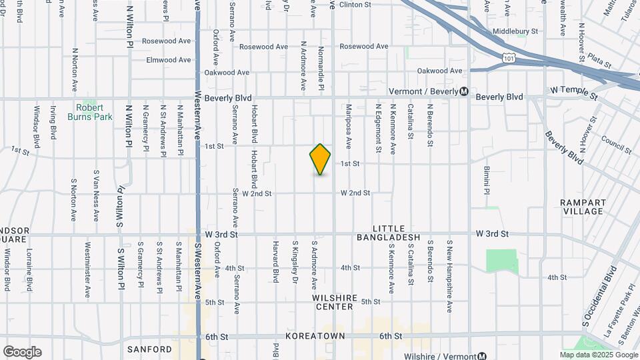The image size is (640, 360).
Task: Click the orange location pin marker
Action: coord(320,159)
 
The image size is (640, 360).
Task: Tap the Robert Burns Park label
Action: coord(89,111)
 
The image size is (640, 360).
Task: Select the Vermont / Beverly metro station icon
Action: coord(465,91)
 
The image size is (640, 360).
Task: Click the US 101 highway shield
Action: coord(509,58)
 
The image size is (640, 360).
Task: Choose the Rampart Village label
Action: coord(582,207)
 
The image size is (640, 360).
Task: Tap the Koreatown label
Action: coord(316,337)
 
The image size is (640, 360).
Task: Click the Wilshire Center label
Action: coord(335,302)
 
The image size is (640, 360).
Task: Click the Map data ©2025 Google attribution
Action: coord(598,354)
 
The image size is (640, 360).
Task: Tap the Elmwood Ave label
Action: coord(169,60)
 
